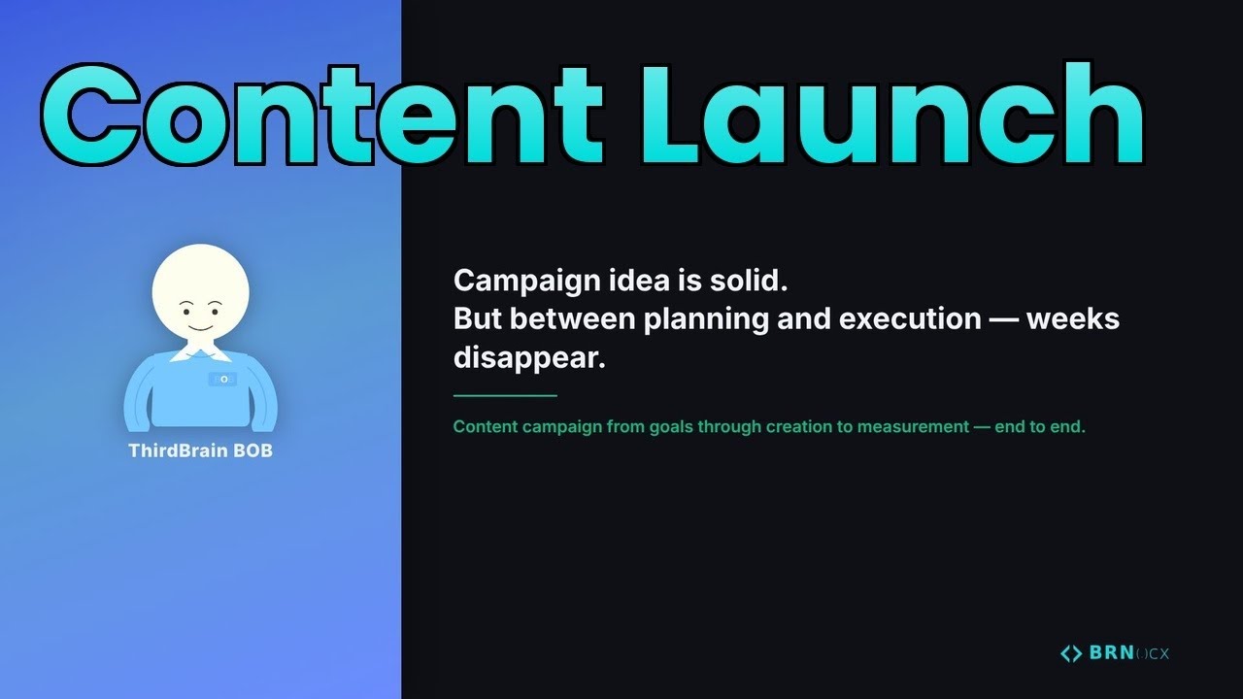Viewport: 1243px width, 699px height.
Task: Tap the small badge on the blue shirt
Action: click(222, 379)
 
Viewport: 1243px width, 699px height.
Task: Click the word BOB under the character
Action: click(252, 451)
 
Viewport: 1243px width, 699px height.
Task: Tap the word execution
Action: click(910, 319)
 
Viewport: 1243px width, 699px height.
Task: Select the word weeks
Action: click(1073, 319)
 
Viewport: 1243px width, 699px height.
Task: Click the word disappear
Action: click(529, 357)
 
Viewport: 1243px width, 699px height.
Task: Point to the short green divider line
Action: click(505, 396)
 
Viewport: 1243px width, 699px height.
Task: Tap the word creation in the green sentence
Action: click(796, 427)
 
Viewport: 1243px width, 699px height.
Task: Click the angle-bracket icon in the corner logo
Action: click(1071, 653)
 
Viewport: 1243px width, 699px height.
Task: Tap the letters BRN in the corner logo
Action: click(1111, 653)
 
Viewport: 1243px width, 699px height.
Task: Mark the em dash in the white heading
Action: click(1003, 319)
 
